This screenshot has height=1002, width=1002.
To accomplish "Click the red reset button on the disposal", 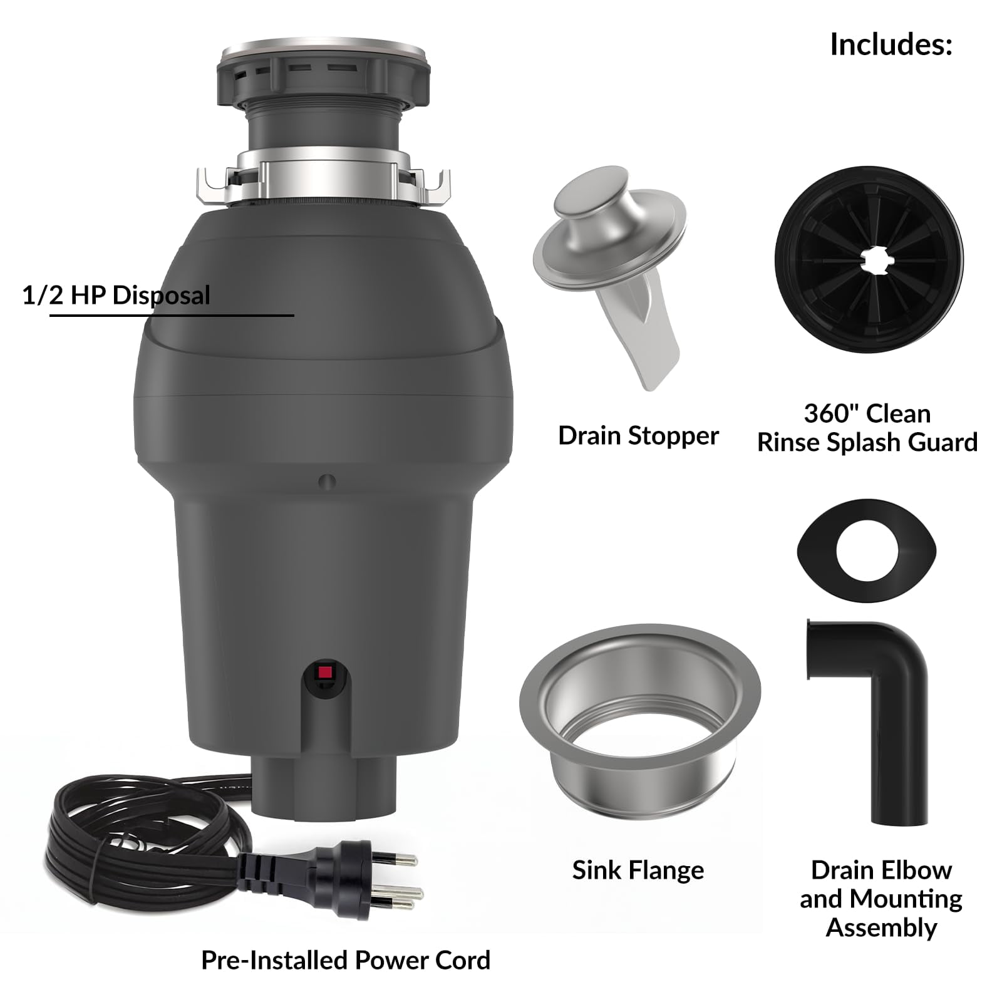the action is tap(324, 673).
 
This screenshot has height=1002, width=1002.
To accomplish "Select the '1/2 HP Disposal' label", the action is tap(116, 295).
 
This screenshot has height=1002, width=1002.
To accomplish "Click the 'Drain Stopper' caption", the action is tap(638, 436).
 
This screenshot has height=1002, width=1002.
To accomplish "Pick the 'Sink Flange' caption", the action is tap(638, 870).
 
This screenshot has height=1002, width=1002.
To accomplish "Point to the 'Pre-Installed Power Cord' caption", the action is tap(346, 961).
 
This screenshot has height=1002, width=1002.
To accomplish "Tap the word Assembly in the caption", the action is tap(881, 928).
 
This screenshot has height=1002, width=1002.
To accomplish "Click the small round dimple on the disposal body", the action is tap(327, 482).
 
